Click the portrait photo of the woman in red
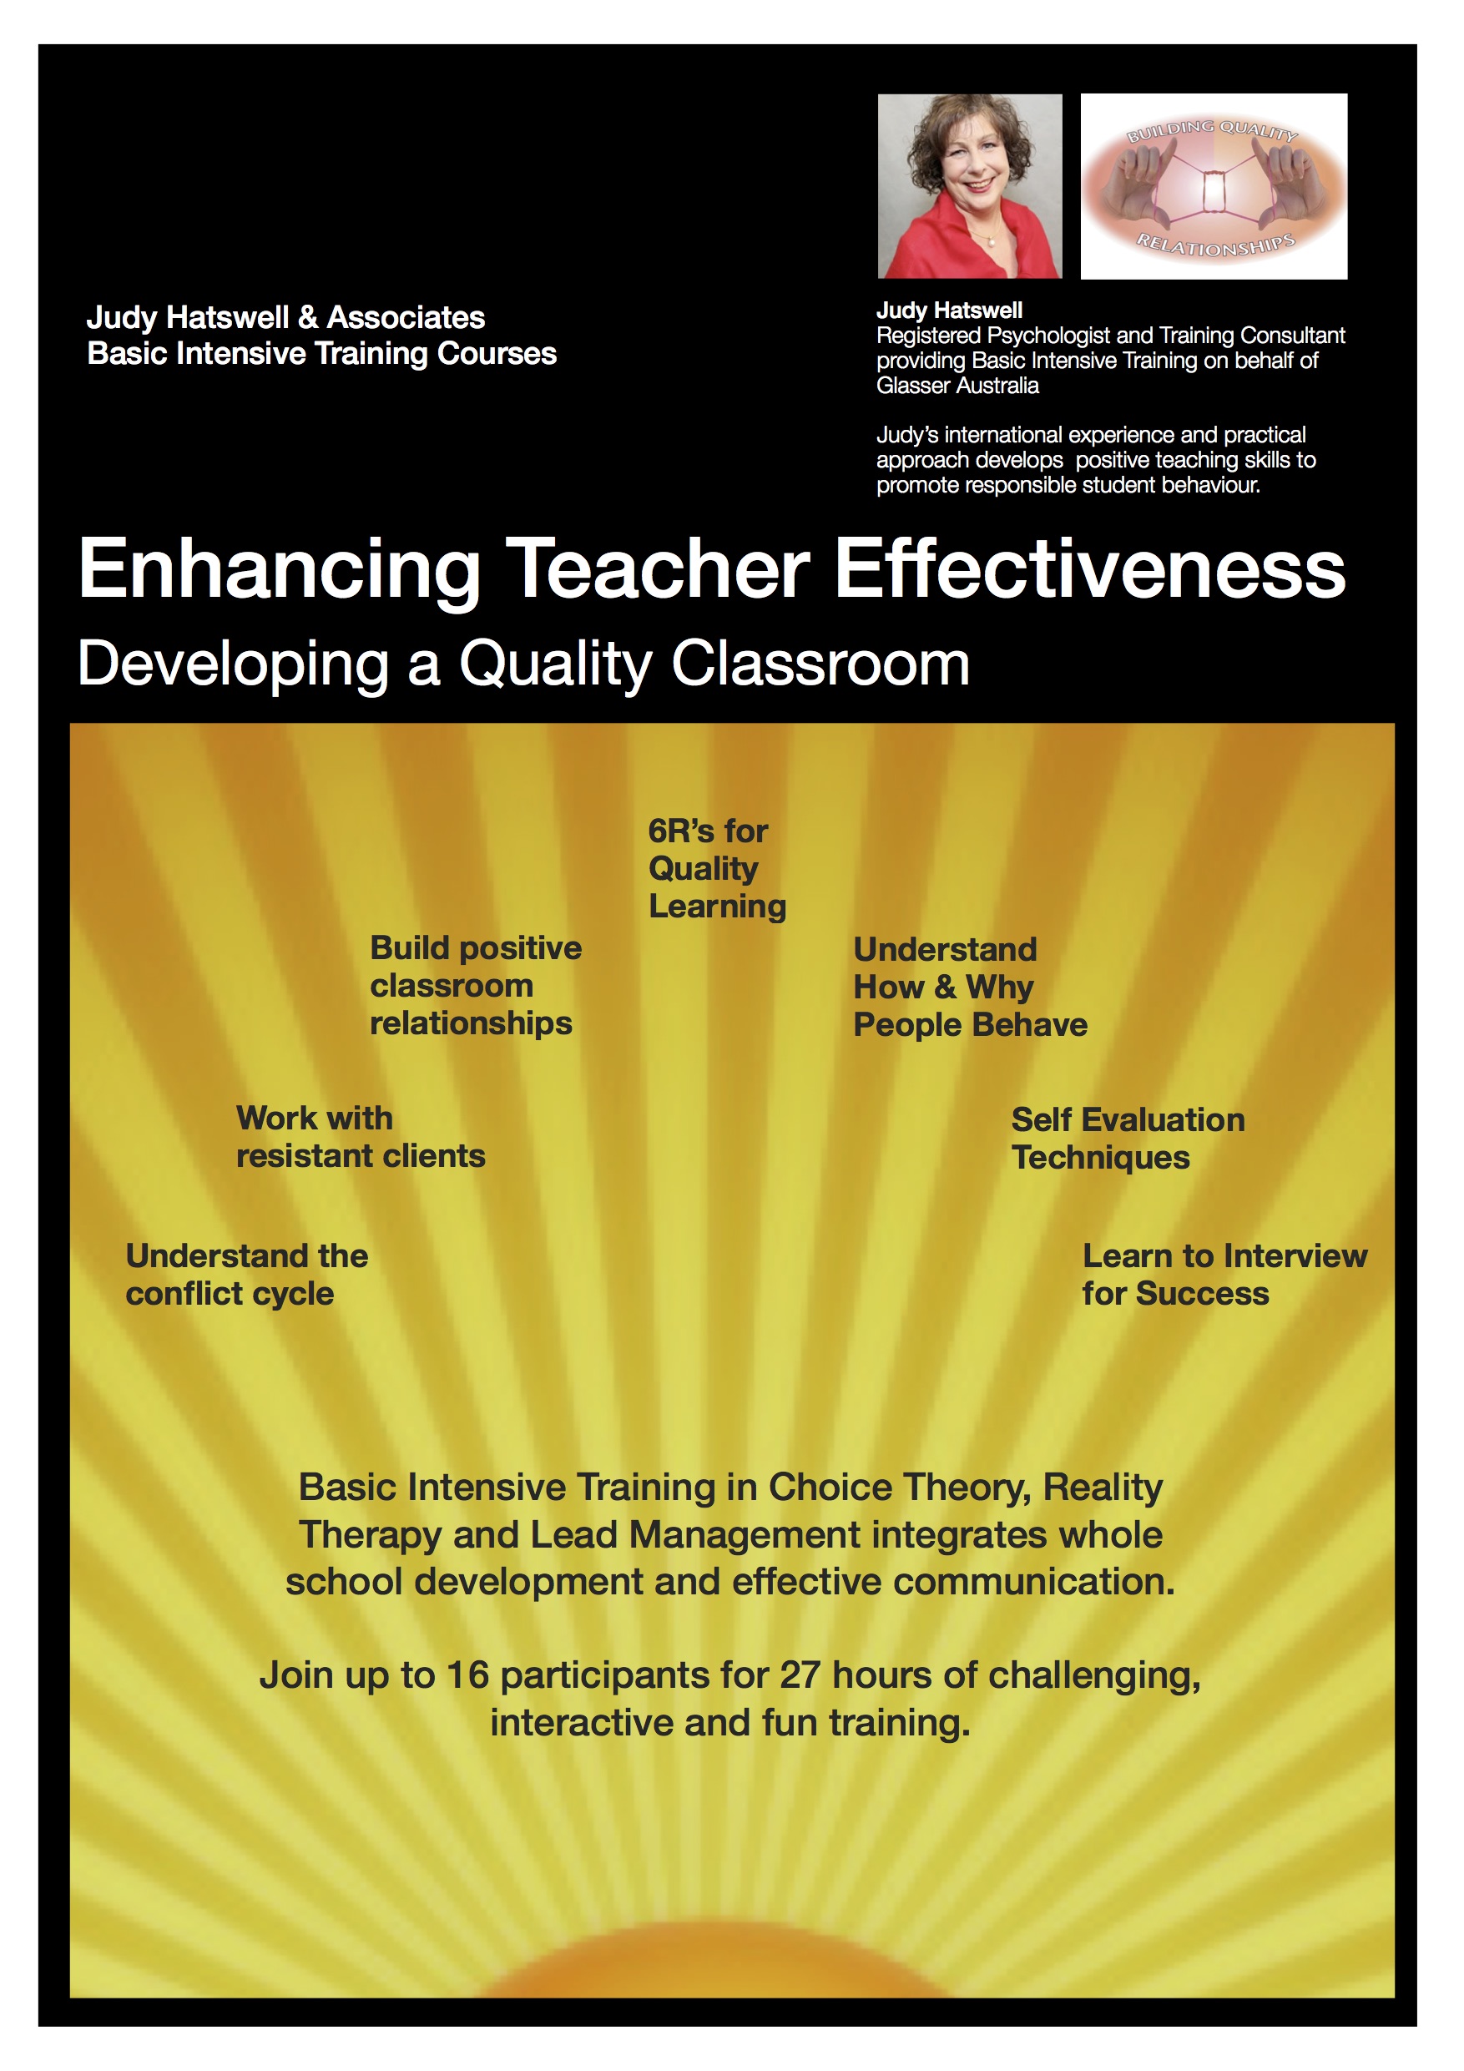click(970, 186)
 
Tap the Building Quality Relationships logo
click(1214, 186)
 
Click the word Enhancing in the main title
click(280, 570)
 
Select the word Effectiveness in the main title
click(1090, 570)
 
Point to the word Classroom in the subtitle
click(820, 664)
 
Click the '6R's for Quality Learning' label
click(716, 869)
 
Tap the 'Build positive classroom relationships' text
click(476, 986)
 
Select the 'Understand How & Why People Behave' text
click(970, 988)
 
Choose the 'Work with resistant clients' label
click(360, 1138)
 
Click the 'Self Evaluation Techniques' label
click(1128, 1139)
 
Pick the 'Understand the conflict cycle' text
click(246, 1275)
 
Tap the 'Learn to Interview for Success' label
click(1224, 1275)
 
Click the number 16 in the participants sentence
click(467, 1676)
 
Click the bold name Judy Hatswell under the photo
click(949, 311)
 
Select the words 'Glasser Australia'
click(957, 386)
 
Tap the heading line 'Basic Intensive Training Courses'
click(321, 354)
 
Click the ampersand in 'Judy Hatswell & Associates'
click(308, 317)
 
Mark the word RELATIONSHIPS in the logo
click(1215, 245)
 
